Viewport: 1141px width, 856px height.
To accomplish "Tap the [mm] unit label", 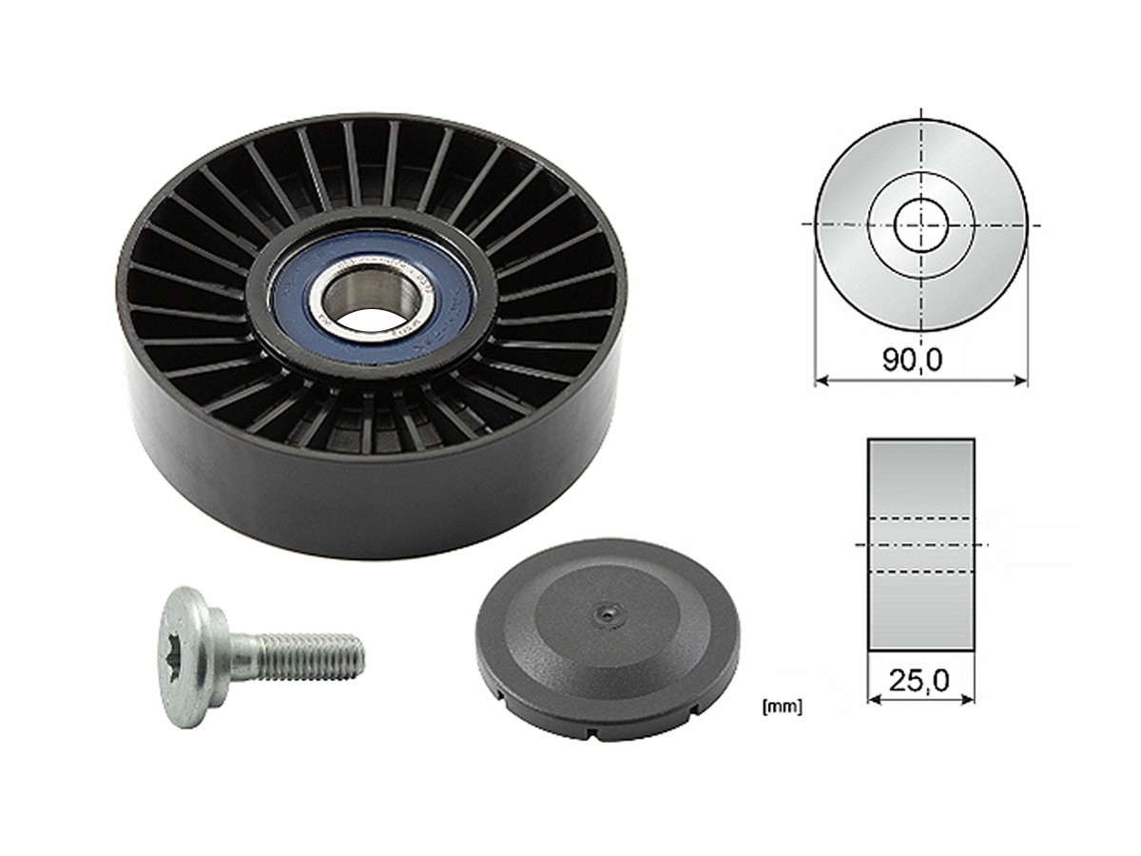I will [782, 706].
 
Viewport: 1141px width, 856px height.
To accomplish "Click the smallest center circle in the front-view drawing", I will [921, 225].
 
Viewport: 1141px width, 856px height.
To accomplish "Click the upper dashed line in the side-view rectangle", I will [920, 517].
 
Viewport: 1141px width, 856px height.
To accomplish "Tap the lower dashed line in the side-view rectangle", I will [920, 571].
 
